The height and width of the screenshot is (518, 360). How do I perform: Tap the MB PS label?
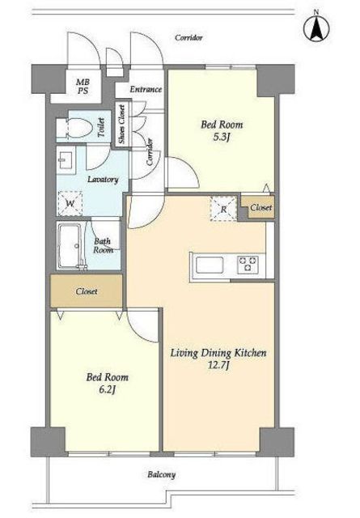(x=83, y=87)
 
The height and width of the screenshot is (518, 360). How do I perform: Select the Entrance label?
(x=146, y=89)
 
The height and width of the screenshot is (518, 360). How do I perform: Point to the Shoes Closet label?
(x=122, y=124)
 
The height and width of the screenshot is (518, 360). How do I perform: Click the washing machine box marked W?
(x=70, y=203)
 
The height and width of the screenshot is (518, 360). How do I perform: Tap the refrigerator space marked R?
(x=223, y=209)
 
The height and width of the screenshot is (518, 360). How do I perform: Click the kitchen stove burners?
(x=248, y=264)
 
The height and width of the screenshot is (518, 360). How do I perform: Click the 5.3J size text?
(x=222, y=137)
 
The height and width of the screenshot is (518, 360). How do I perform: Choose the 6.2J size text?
(x=108, y=390)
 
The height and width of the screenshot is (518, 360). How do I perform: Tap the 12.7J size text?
(x=218, y=366)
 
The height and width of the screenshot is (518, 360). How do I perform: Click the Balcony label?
(x=162, y=475)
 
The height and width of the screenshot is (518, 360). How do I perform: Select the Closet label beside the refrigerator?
(x=261, y=207)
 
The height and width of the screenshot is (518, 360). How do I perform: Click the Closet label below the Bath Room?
(x=87, y=291)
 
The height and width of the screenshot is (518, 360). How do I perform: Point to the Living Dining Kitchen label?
(x=218, y=353)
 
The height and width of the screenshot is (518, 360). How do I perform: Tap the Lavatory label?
(x=103, y=180)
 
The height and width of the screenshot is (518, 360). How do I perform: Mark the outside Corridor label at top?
(x=188, y=38)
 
